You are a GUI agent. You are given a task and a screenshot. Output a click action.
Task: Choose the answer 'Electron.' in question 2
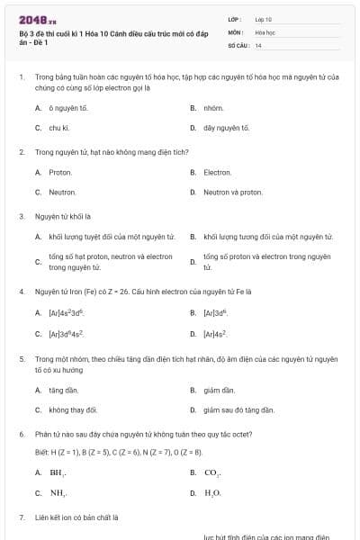[x=218, y=172]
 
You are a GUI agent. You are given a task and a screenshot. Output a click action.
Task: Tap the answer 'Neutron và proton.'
[x=233, y=192]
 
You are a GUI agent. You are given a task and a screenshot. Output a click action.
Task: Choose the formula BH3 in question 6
[x=58, y=472]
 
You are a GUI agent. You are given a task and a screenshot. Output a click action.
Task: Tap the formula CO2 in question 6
[x=212, y=472]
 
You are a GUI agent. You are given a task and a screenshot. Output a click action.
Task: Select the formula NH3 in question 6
[x=58, y=492]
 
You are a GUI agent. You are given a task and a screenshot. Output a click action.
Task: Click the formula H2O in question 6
[x=212, y=492]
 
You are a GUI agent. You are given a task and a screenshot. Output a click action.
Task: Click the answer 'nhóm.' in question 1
[x=213, y=108]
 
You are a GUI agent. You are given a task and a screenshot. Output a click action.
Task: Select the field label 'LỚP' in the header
[x=235, y=18]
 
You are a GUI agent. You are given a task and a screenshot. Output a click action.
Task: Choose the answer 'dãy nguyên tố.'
[x=226, y=128]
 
